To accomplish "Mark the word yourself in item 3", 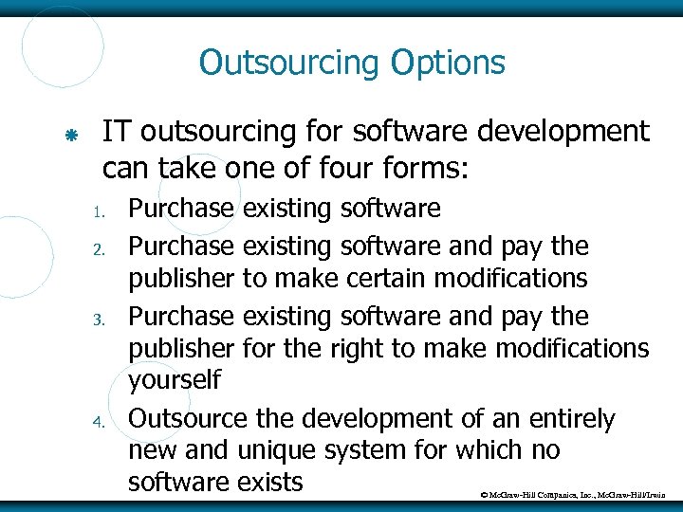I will (x=175, y=381).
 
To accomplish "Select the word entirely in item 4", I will (x=560, y=418).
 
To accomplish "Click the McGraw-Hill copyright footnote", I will (x=579, y=496).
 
